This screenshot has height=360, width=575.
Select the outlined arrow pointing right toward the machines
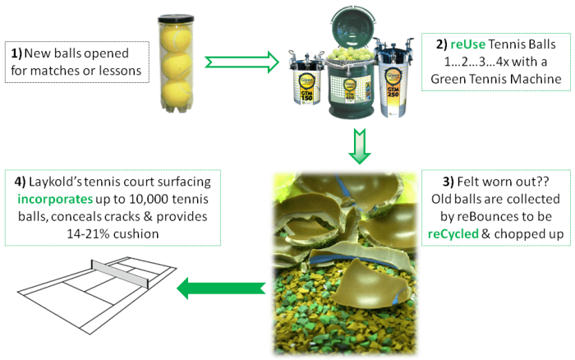[241, 60]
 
